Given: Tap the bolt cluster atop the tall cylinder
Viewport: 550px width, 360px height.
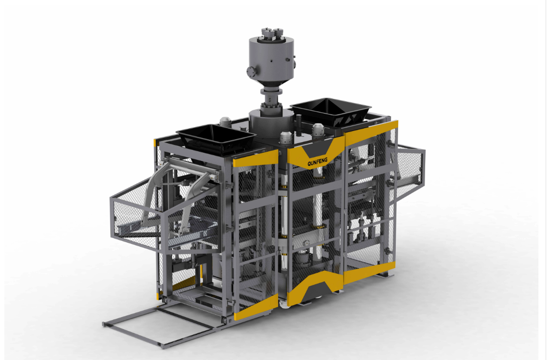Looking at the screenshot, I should click(x=271, y=33).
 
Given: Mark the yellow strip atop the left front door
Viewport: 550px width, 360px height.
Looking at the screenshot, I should click(x=255, y=159).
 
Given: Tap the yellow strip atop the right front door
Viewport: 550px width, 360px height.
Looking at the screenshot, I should click(x=371, y=131).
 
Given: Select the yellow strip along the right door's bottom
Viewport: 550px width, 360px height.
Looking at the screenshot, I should click(x=369, y=272).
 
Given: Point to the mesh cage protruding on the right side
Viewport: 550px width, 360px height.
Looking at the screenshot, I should click(x=410, y=169).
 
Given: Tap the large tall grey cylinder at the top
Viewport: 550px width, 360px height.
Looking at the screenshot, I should click(x=271, y=60).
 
